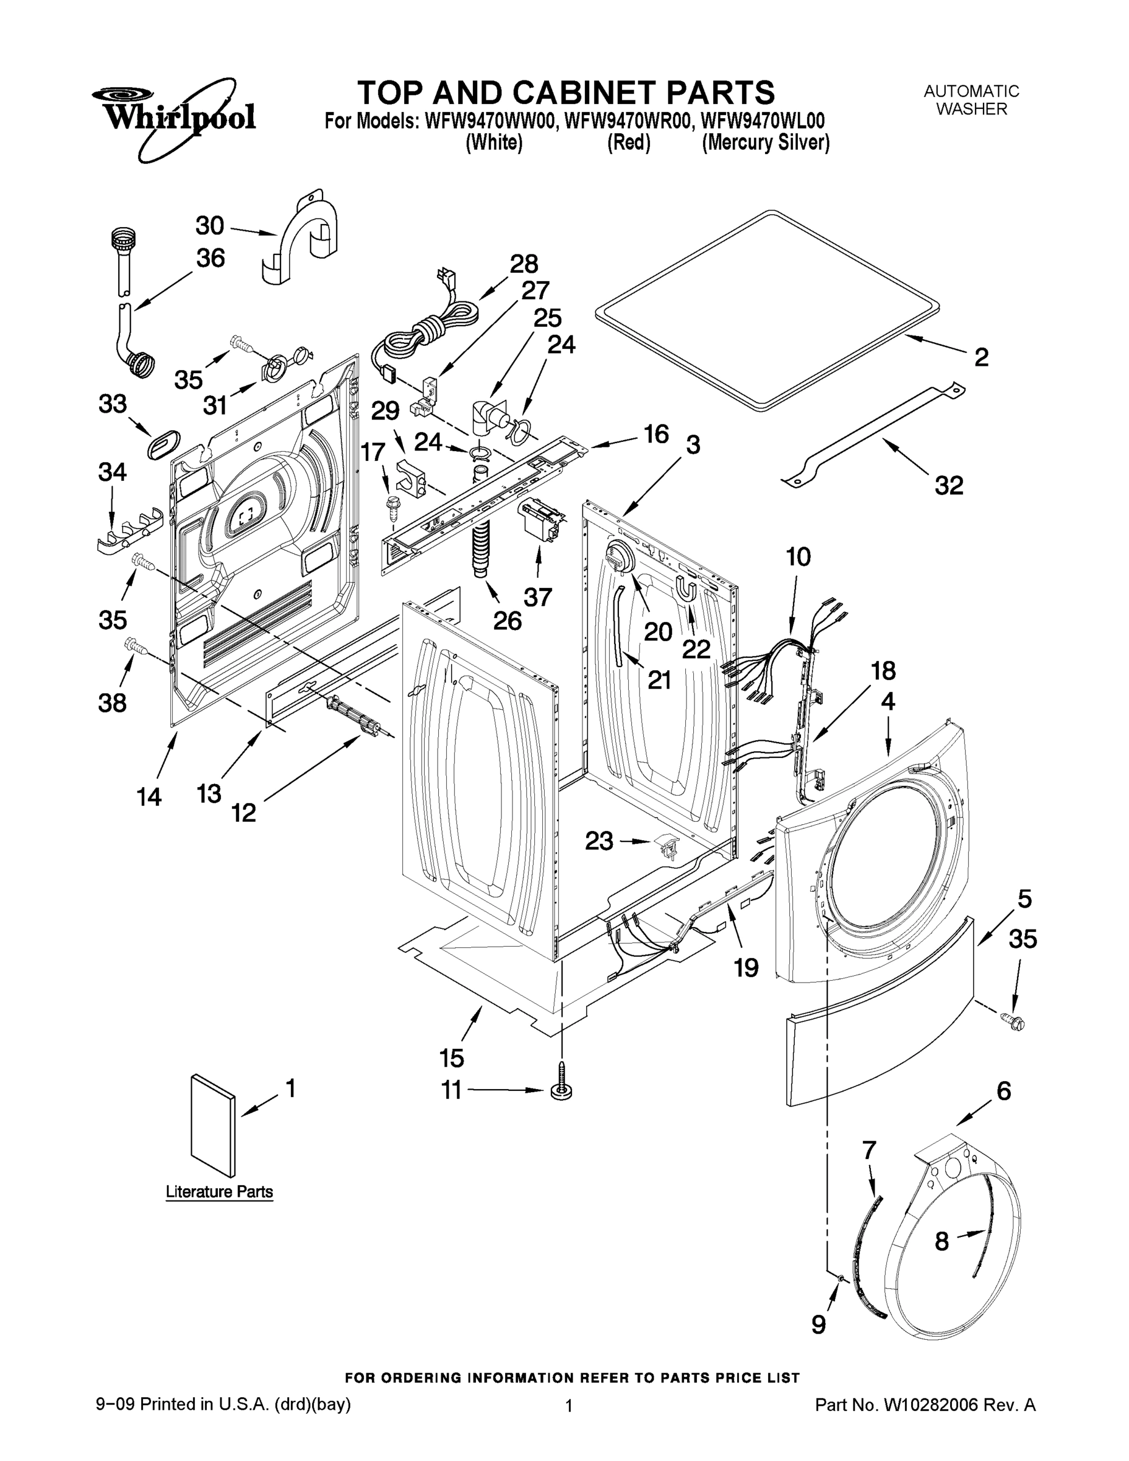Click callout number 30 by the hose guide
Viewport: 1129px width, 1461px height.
coord(209,226)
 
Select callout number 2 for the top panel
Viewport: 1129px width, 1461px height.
coord(980,357)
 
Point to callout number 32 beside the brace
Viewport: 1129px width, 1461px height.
coord(948,485)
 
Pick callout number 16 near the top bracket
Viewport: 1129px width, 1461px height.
coord(656,434)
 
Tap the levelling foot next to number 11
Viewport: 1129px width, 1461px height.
coord(562,1090)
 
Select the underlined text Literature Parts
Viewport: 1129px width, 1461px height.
coord(219,1191)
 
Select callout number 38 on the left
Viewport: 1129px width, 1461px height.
coord(113,703)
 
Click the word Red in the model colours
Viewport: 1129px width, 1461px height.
coord(628,142)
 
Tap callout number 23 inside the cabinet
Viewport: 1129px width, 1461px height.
coord(599,841)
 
